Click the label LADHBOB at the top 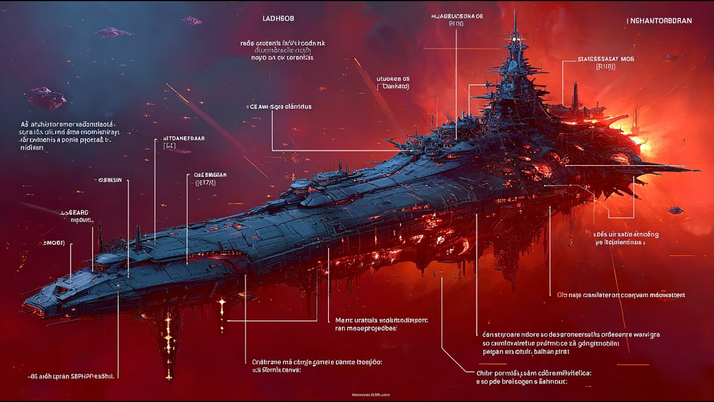pos(278,18)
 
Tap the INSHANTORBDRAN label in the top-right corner pos(660,21)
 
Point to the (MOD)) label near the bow pos(54,243)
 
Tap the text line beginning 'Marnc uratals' pos(382,320)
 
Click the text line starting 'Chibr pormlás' pos(534,372)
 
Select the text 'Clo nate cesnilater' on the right pos(621,295)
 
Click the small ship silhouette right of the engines pos(675,210)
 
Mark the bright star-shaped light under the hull pos(223,303)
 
